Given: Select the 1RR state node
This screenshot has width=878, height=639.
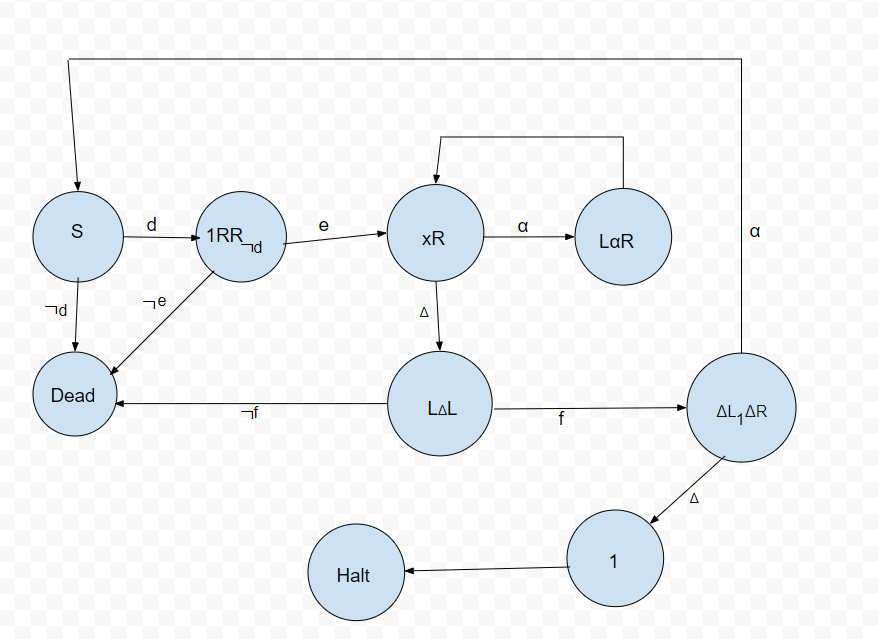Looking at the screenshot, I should (240, 237).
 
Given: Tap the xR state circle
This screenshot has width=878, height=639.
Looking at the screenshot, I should (435, 237).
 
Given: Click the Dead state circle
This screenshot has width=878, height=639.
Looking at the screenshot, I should (73, 395).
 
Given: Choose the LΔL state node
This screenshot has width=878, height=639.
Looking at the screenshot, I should (440, 408).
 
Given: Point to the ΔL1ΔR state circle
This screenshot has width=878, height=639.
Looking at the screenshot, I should (741, 410).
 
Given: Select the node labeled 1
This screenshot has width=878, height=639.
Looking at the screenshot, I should (614, 560).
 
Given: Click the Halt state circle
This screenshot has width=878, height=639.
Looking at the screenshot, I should (354, 576).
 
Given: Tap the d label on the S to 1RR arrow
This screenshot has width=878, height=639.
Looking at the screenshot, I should (152, 226).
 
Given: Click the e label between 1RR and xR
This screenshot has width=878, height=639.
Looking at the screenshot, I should (324, 226).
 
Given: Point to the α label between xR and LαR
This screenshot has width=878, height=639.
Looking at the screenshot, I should (523, 227).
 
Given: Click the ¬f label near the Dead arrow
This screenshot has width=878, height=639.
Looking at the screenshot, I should (249, 413).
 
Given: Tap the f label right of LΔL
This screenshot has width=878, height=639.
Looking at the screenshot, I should (561, 419).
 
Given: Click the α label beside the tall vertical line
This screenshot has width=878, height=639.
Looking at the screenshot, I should (755, 231).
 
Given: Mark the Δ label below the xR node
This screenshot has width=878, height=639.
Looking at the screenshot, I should (423, 312).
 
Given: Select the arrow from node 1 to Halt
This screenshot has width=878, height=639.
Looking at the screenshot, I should (487, 569).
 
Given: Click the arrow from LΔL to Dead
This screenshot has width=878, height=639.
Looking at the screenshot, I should (250, 404).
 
